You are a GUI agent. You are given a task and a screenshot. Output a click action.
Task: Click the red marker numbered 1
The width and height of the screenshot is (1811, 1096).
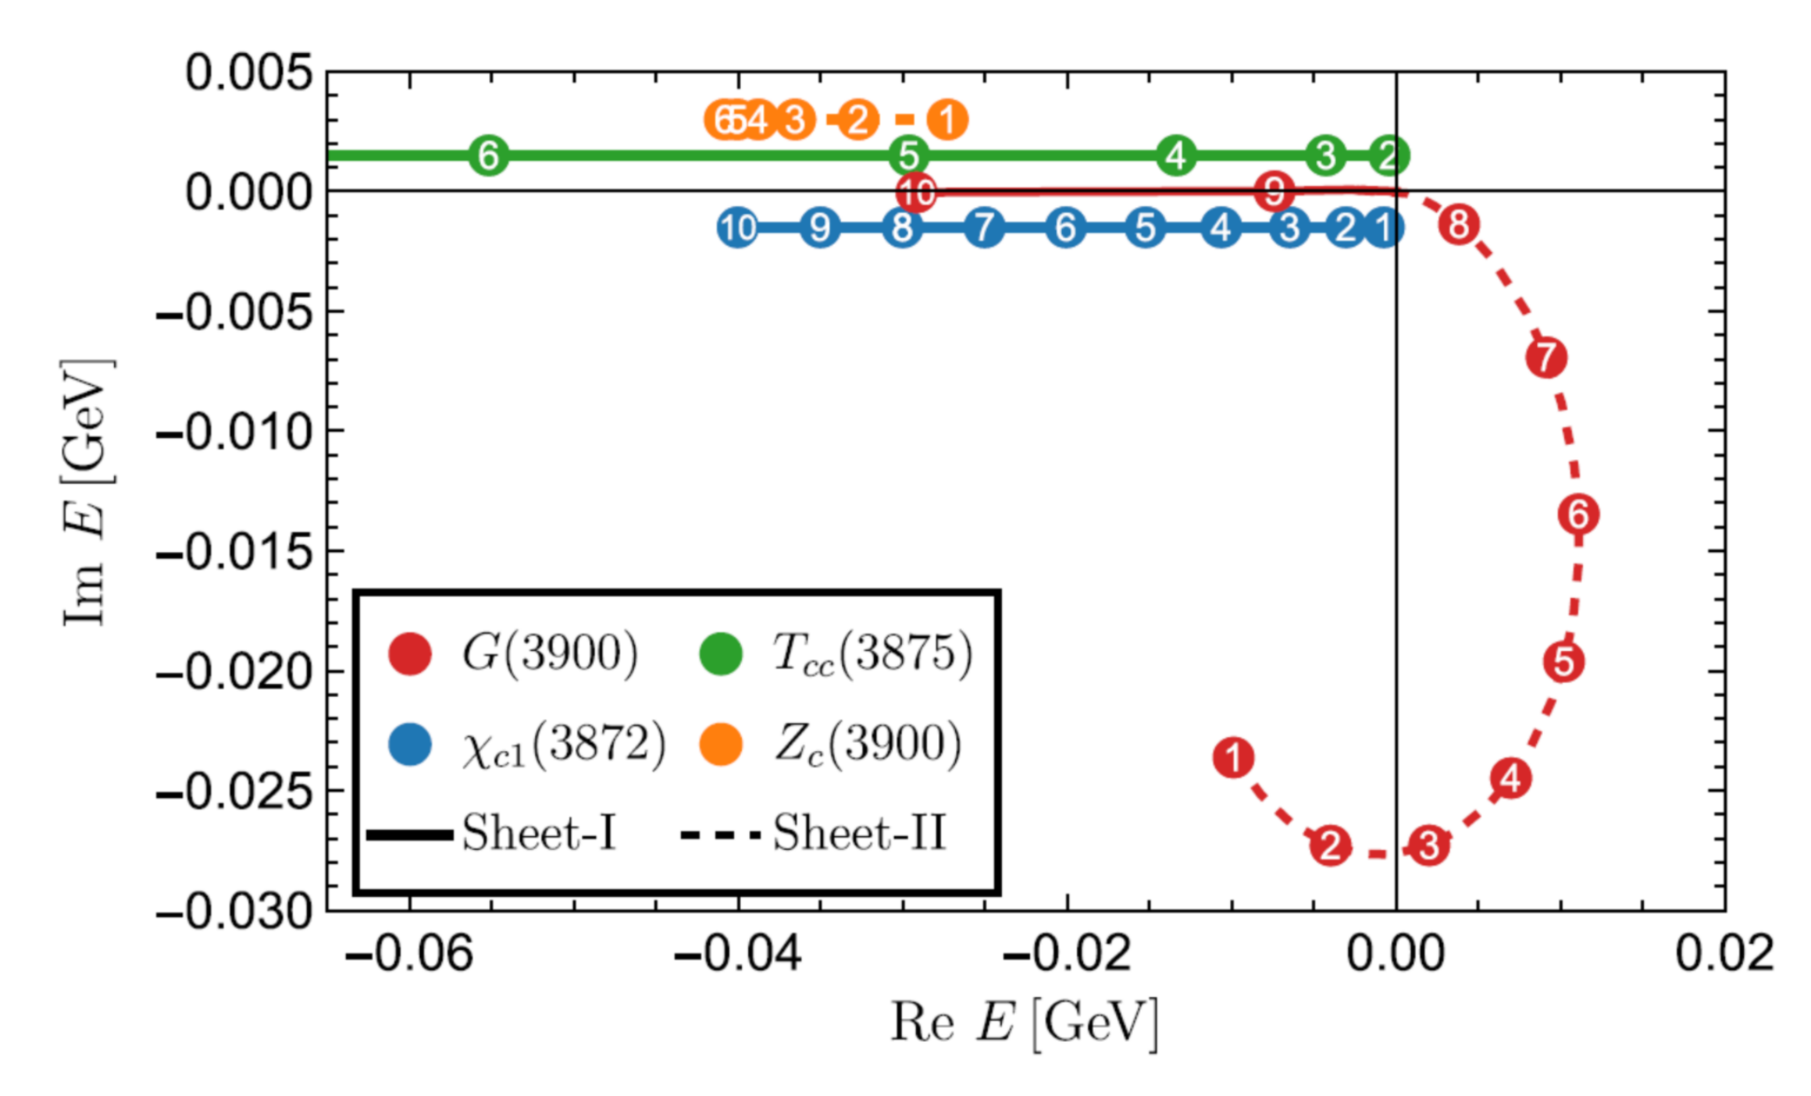pos(1233,757)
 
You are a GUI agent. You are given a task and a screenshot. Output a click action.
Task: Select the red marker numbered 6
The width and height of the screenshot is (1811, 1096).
pos(1578,514)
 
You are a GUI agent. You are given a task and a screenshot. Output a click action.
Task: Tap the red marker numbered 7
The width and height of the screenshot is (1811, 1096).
pos(1546,358)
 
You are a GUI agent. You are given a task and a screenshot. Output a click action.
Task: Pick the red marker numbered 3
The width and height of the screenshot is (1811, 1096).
pos(1428,845)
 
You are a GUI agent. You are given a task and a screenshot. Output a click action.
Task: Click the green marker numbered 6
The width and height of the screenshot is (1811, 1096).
pos(489,155)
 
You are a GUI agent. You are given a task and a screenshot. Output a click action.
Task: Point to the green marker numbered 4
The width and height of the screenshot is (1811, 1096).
pos(1176,155)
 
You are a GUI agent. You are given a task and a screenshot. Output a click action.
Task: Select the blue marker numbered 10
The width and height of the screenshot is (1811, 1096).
pos(737,228)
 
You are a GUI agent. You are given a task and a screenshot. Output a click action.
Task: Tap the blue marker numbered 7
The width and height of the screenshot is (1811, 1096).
pos(984,228)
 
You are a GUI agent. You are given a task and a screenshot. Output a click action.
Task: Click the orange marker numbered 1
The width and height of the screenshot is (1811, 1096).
pos(947,119)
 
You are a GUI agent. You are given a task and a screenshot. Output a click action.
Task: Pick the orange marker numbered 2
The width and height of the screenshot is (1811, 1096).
pos(857,119)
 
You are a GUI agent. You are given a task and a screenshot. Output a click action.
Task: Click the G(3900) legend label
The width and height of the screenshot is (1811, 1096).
pos(551,653)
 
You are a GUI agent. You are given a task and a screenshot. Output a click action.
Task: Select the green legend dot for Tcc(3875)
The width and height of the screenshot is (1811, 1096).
pos(720,653)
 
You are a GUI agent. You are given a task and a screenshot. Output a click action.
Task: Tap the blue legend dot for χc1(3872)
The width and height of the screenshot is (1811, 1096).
pos(410,744)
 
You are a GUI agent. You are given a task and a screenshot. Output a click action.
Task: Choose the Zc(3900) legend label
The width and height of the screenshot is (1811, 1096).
pos(867,744)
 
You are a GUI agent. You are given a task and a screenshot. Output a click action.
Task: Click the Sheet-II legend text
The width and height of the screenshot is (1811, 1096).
pos(859,833)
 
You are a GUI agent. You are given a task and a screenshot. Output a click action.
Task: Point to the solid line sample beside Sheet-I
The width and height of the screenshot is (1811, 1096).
pos(410,835)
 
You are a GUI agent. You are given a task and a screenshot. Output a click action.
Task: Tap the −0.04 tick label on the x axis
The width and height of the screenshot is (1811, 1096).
pos(738,954)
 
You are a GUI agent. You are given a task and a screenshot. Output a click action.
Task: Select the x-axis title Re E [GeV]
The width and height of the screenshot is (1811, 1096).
pos(1024,1022)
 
